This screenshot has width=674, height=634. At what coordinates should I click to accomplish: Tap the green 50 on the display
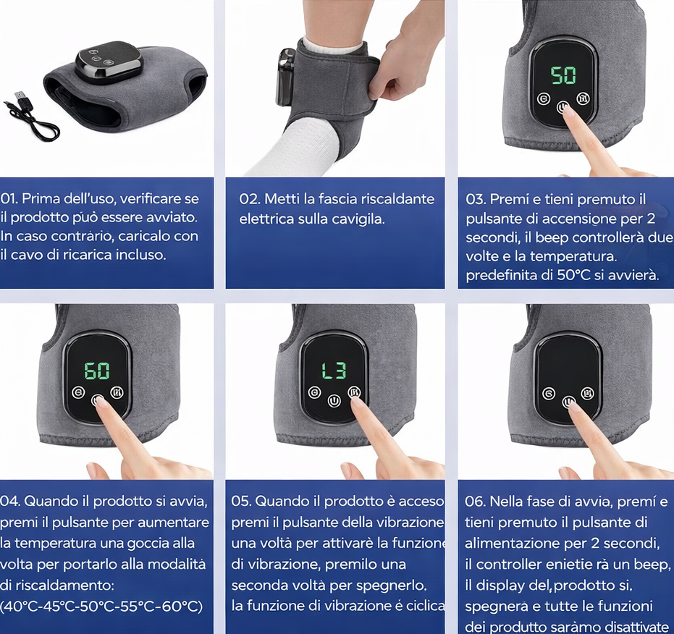(x=563, y=76)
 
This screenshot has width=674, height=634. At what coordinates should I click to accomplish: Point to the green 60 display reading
(x=97, y=371)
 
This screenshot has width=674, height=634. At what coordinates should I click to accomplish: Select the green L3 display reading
(x=334, y=371)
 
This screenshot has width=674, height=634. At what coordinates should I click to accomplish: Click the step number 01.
(x=8, y=198)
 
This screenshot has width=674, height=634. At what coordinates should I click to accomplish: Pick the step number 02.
(x=248, y=199)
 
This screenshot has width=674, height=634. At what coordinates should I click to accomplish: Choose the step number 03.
(x=476, y=200)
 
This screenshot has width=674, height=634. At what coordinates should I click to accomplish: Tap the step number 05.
(x=241, y=501)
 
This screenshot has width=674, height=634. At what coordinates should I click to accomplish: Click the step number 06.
(x=475, y=501)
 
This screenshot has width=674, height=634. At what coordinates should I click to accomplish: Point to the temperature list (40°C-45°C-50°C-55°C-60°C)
(x=101, y=606)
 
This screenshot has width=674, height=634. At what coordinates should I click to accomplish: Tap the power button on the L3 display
(x=334, y=401)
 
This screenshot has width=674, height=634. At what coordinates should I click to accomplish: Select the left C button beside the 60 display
(x=77, y=392)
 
